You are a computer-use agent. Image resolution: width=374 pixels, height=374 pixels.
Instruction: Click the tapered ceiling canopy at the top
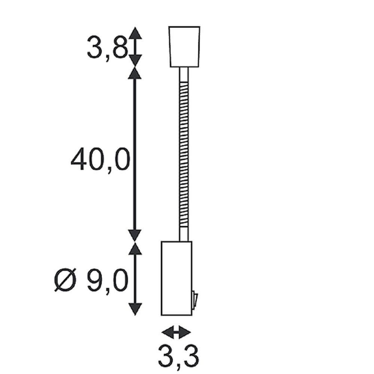(x=184, y=47)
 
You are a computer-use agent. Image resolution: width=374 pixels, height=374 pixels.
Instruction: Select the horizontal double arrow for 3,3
(x=177, y=331)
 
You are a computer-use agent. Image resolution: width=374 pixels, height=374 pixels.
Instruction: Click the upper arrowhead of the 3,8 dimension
(x=135, y=33)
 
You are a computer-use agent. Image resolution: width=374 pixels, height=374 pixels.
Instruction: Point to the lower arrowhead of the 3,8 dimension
(x=135, y=61)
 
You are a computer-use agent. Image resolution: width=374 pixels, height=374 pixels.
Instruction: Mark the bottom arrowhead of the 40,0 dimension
(x=135, y=235)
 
